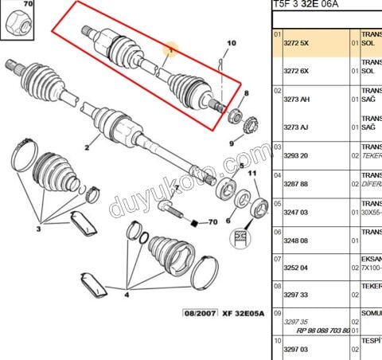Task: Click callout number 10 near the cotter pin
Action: (x=232, y=42)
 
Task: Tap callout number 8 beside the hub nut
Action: (x=246, y=94)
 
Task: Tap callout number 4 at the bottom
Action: (x=125, y=294)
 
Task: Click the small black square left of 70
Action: (x=192, y=224)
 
